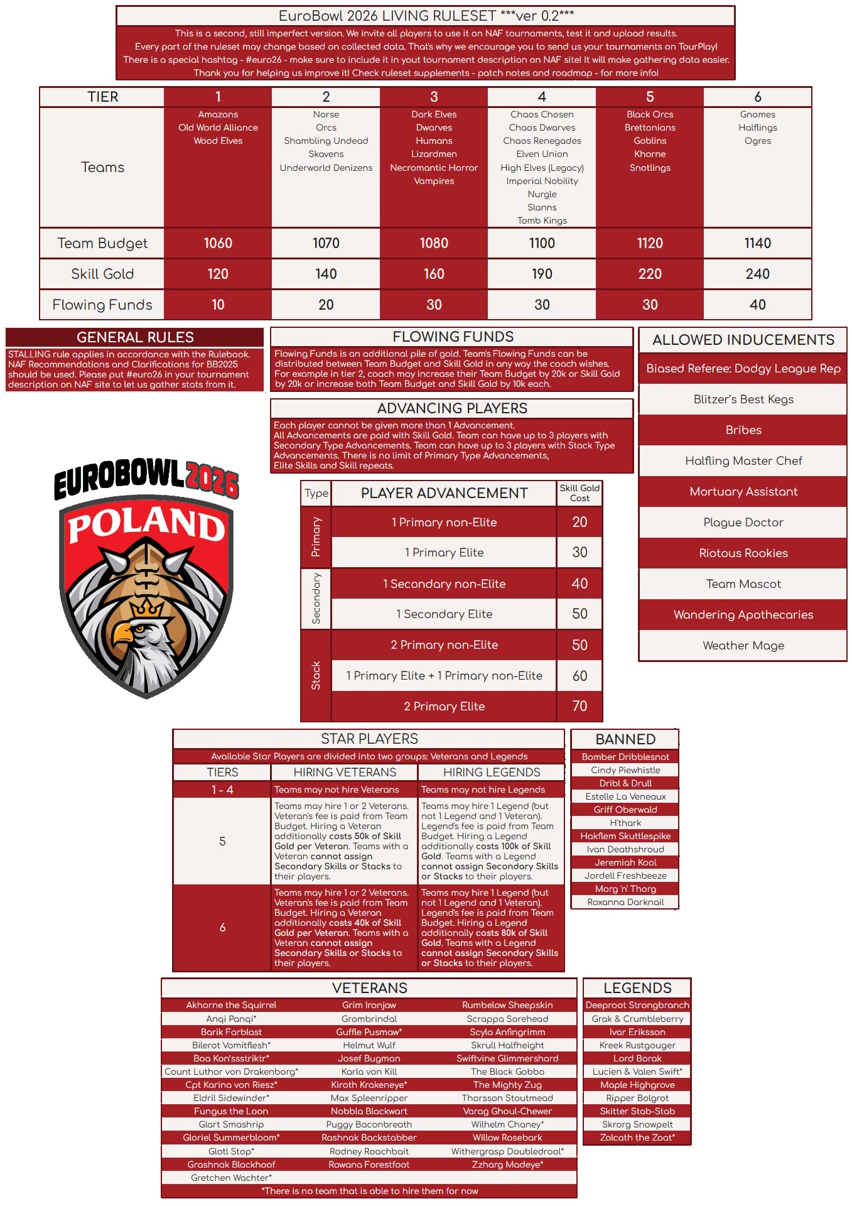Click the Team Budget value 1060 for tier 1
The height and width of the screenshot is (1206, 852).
coord(218,243)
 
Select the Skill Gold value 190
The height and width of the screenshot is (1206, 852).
coord(542,274)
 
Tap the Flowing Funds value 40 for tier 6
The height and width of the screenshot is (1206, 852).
coord(757,305)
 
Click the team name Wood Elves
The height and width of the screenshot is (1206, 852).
coord(218,141)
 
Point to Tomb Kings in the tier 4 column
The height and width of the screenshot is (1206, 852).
coord(542,220)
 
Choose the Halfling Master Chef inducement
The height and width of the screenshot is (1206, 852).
coord(743,460)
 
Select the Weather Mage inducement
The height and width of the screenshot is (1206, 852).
coord(743,645)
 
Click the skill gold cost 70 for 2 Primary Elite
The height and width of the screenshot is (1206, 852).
coord(580,706)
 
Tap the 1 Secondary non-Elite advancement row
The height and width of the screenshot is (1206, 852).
coord(444,584)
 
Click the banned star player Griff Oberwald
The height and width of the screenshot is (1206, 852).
coord(625,810)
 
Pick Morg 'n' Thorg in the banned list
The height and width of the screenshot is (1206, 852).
coord(625,889)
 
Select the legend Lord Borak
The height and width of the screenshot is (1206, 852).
coord(637,1058)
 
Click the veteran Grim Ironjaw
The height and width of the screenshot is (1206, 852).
coord(369,1005)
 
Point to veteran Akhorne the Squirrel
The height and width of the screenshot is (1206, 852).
coord(231,1005)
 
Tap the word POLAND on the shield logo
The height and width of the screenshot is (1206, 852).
coord(146,524)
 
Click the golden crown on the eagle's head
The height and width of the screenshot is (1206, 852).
coord(146,607)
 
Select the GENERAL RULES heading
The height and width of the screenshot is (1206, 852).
coord(135,337)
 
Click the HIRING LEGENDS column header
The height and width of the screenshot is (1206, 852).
coord(492,772)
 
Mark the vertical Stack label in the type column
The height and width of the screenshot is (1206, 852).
coord(316,675)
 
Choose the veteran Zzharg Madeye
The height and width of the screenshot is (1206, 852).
coord(507,1165)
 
